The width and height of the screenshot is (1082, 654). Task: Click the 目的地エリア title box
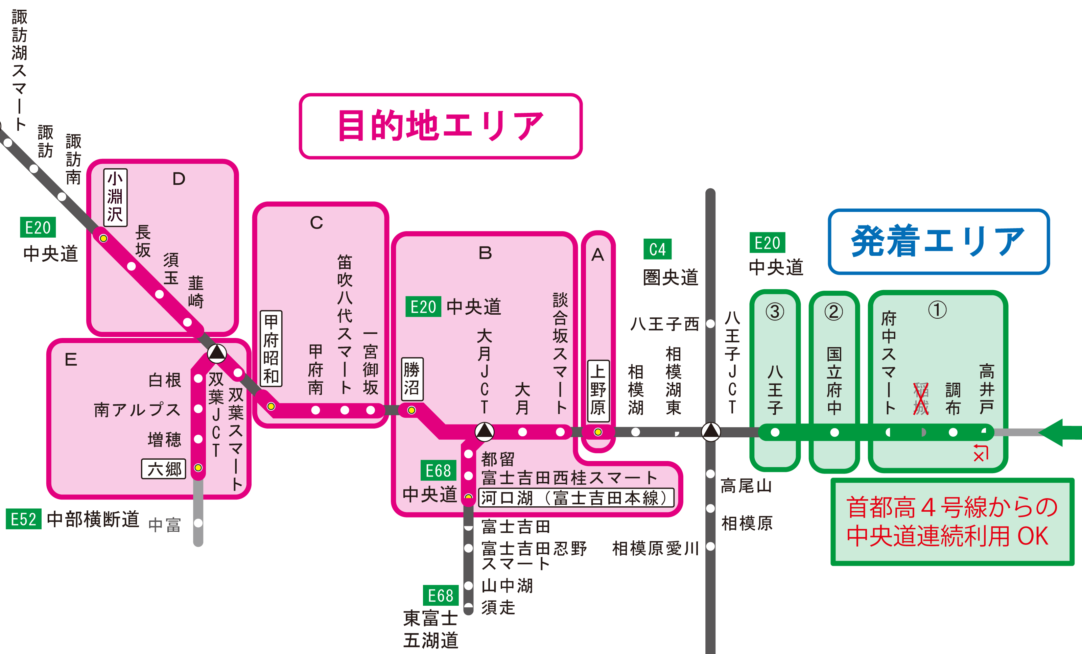441,126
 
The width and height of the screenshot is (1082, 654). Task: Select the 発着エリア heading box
938,242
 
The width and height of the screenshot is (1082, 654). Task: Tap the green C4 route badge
657,249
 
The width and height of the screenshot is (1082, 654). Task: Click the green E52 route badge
23,519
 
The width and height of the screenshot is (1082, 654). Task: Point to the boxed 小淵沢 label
115,197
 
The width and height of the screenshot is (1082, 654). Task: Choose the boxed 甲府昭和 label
271,348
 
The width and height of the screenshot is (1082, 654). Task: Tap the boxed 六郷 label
164,469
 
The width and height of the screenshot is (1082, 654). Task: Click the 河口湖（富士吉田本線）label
576,498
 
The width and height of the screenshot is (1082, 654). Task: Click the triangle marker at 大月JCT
484,432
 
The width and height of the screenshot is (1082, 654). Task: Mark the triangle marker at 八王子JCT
710,432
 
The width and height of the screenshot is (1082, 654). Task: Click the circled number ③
775,312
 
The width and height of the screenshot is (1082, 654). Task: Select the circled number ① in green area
937,310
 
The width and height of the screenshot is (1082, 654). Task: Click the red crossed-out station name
921,398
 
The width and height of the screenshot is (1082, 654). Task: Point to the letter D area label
179,179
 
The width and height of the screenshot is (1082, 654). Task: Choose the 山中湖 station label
507,585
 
